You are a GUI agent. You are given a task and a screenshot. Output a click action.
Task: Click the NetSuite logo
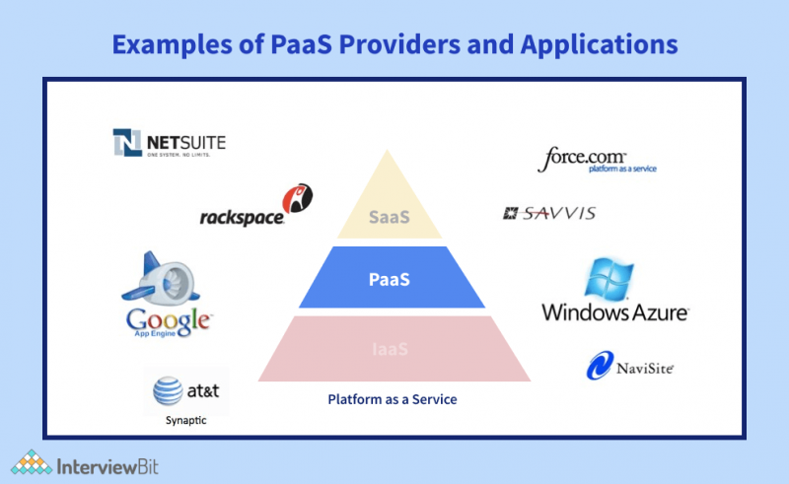coord(169,144)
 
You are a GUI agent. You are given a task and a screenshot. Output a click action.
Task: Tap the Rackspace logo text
coord(241,215)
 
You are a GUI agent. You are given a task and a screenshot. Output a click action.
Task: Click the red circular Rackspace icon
coord(298,198)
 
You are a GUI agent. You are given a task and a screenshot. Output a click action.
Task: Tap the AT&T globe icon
coord(168,392)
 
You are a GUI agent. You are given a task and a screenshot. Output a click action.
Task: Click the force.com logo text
coord(581,157)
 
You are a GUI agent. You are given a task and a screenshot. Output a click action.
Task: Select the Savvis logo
coord(549,213)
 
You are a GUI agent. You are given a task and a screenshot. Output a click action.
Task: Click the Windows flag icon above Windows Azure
coord(613,279)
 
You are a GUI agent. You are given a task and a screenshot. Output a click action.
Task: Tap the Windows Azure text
coord(614,312)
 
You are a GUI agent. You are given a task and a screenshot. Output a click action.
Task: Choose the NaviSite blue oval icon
coord(602,368)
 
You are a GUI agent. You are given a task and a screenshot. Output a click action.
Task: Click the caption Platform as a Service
coord(393,400)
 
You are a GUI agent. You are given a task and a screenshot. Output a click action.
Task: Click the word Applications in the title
coord(595,44)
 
